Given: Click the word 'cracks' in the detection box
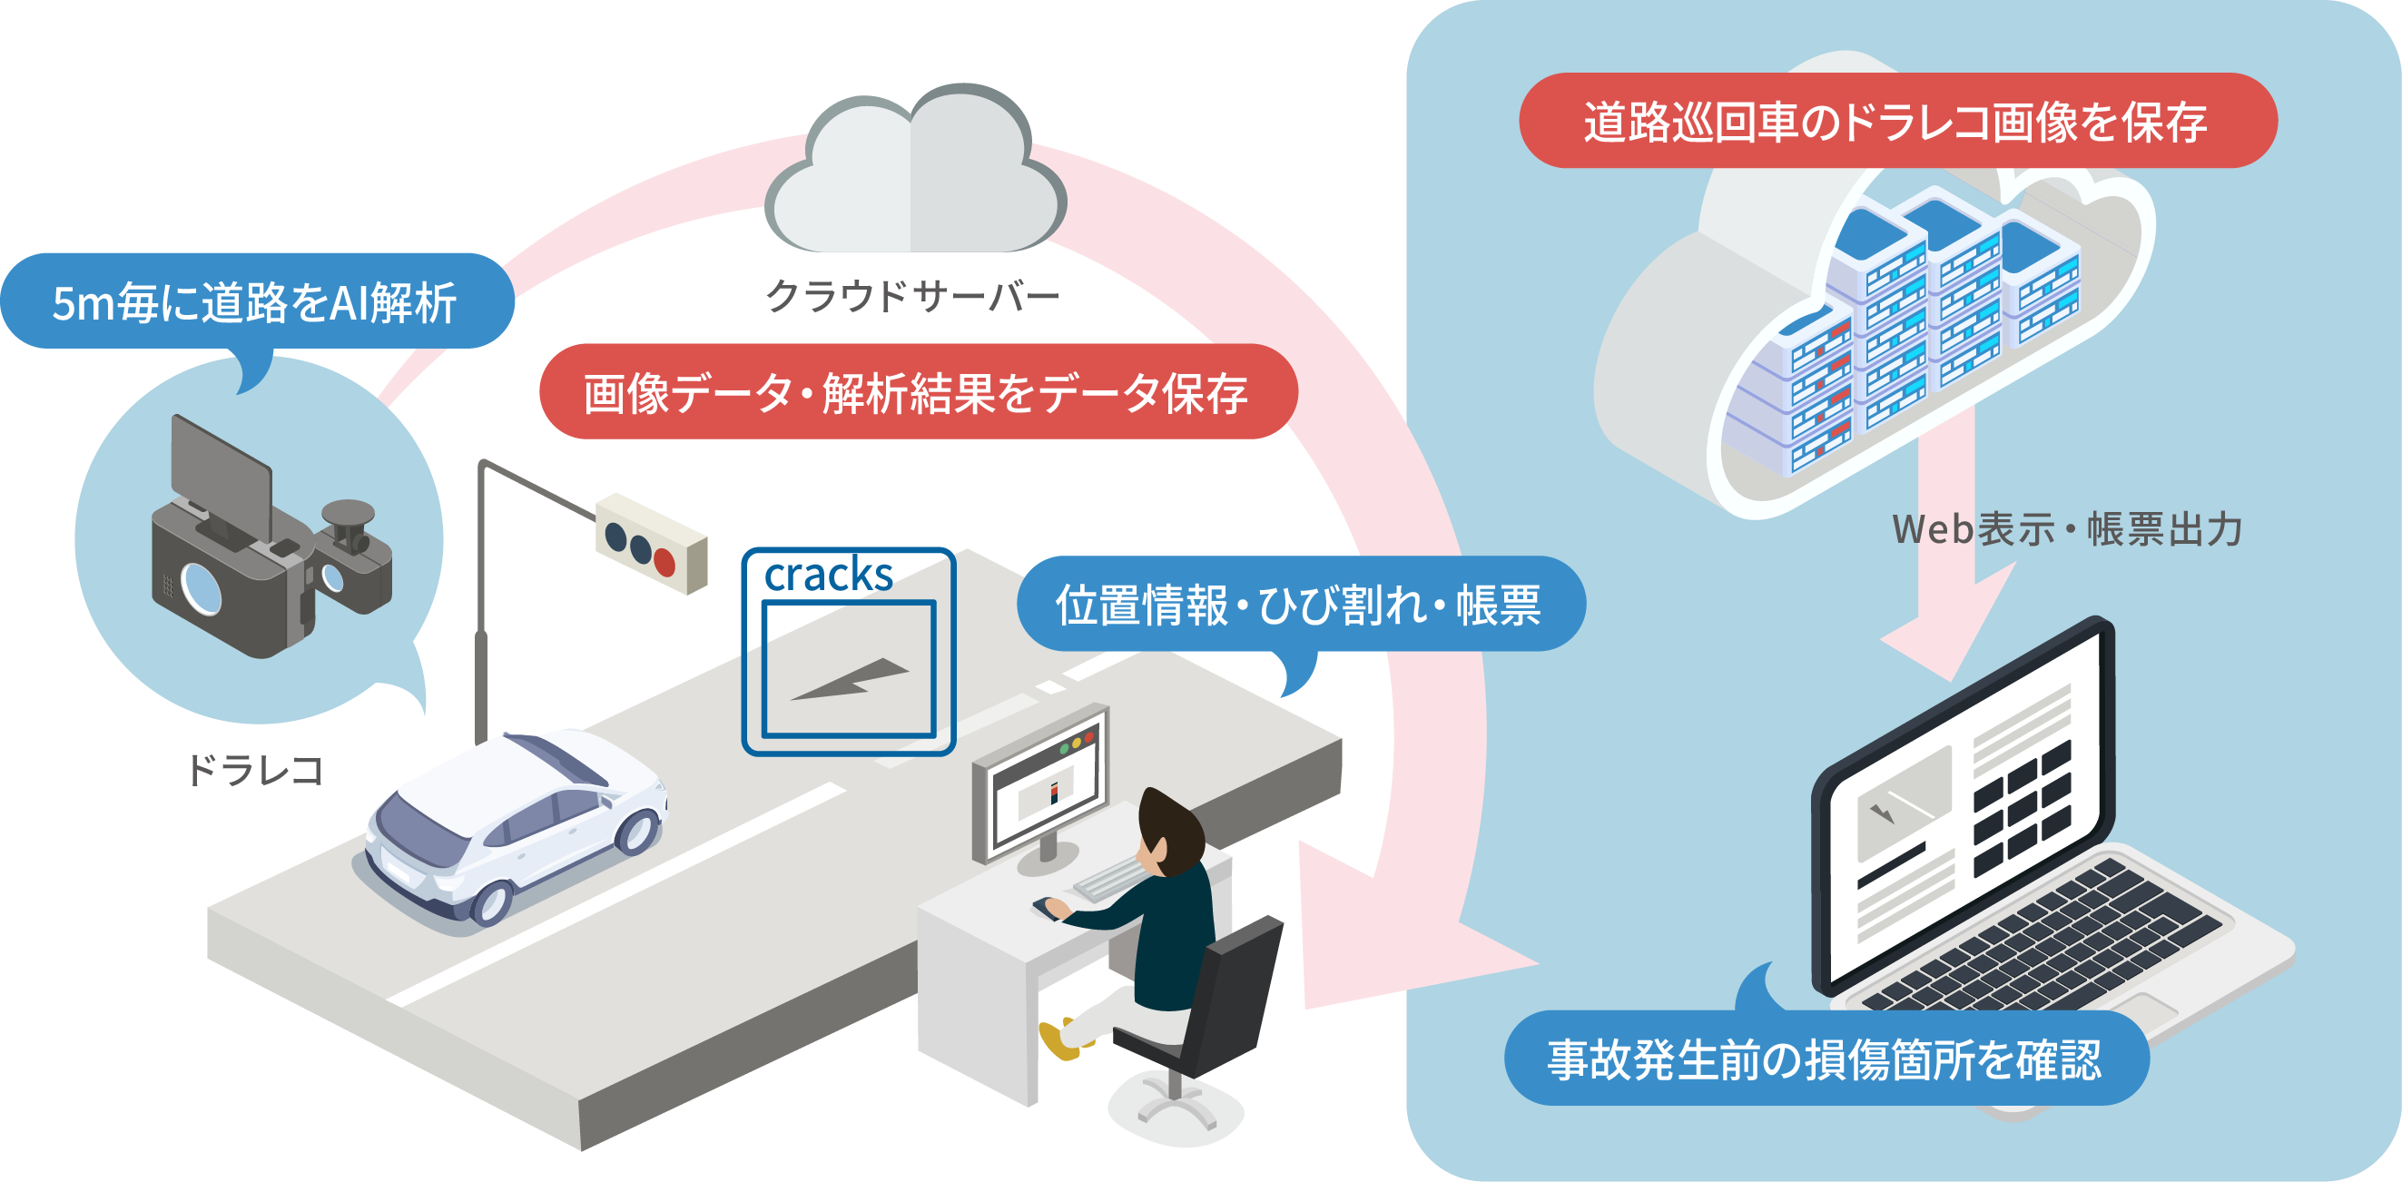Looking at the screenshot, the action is (x=828, y=575).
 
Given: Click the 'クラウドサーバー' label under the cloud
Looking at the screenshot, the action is (x=912, y=297).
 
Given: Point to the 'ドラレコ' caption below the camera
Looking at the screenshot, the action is (x=254, y=771).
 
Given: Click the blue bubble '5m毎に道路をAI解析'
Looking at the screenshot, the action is (x=255, y=302).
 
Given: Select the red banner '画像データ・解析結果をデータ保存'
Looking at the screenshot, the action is (x=918, y=391).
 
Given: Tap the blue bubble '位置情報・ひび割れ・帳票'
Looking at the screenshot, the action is (x=1300, y=604).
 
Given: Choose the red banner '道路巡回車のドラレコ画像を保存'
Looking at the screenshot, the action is (x=1896, y=121).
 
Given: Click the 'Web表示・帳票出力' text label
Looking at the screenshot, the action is (x=2066, y=529).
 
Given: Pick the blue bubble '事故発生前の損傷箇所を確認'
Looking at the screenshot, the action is (x=1826, y=1059).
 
